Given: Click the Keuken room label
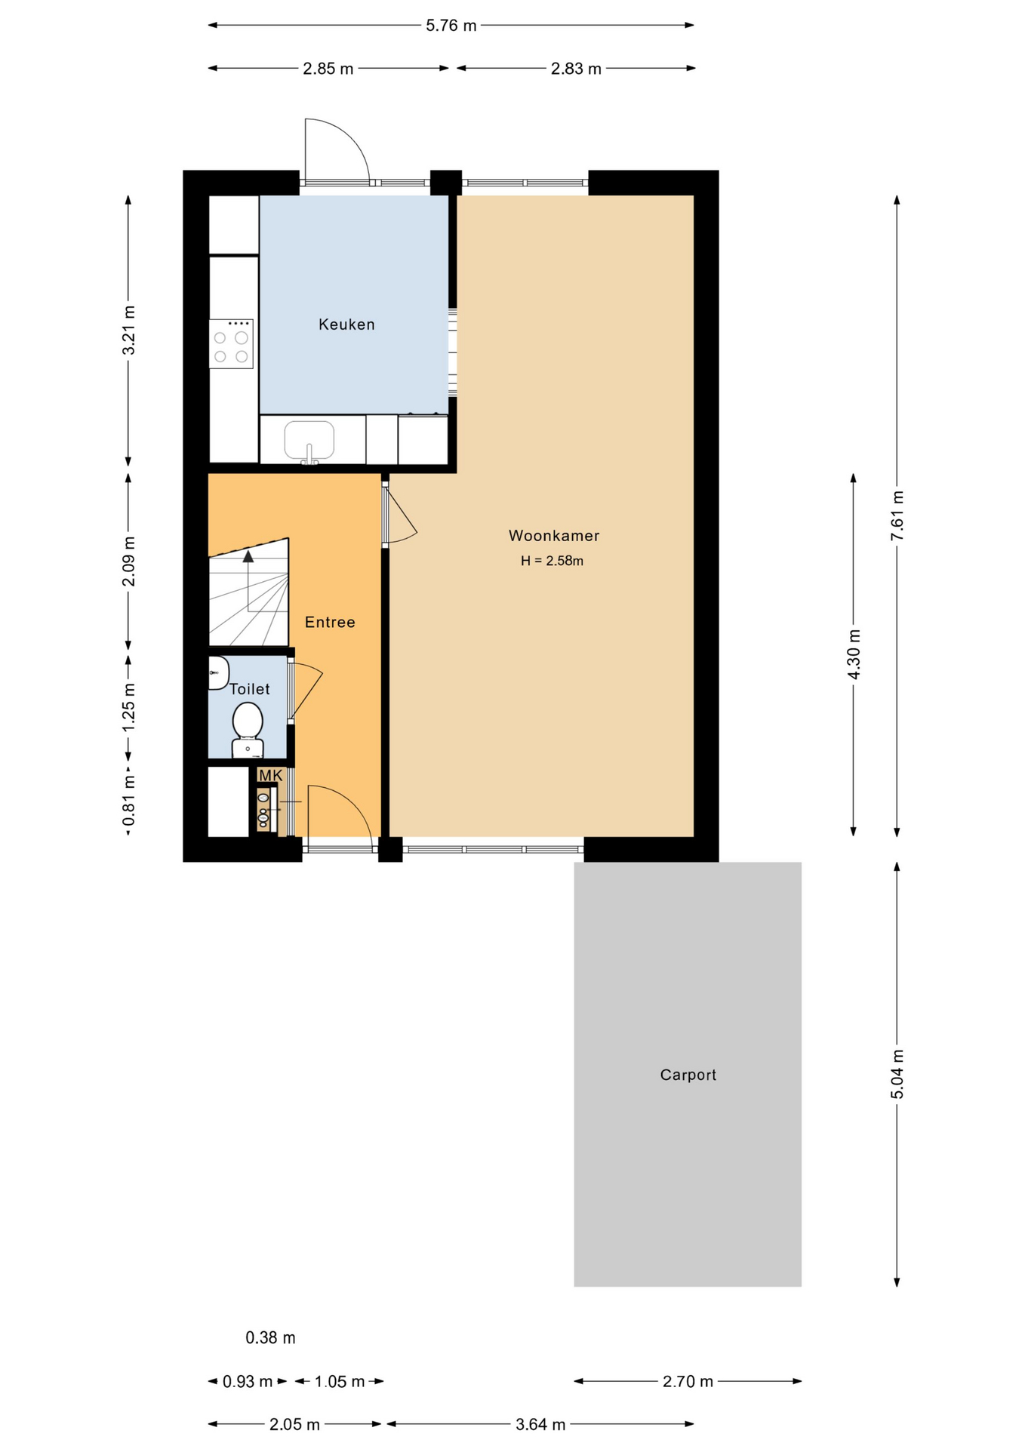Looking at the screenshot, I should pyautogui.click(x=346, y=325).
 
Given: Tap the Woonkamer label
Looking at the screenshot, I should pyautogui.click(x=553, y=536).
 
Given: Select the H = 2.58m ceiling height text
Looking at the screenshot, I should pyautogui.click(x=552, y=561).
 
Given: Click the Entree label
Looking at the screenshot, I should pyautogui.click(x=330, y=622).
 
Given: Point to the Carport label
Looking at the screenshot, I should pyautogui.click(x=688, y=1075).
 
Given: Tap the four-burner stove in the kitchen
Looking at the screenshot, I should pyautogui.click(x=231, y=344).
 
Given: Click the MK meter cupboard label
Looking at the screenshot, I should pyautogui.click(x=270, y=775).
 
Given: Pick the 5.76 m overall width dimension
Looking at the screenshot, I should pyautogui.click(x=451, y=26).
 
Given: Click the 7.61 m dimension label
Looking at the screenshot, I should pyautogui.click(x=897, y=515).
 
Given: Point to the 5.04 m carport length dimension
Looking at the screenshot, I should pyautogui.click(x=897, y=1074).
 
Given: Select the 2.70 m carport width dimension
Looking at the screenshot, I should pyautogui.click(x=688, y=1381).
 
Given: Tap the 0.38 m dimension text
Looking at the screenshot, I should pyautogui.click(x=270, y=1338).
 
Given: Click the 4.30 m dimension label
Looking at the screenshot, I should pyautogui.click(x=854, y=654).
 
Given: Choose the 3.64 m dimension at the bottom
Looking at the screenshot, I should pyautogui.click(x=540, y=1424).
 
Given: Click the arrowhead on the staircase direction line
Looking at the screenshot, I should pyautogui.click(x=248, y=557).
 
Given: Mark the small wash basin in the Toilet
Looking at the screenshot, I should pyautogui.click(x=217, y=672).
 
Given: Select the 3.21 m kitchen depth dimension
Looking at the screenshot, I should pyautogui.click(x=129, y=330).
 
